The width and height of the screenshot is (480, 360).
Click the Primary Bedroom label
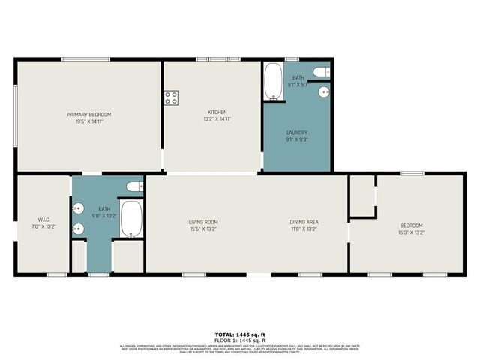pos(89,114)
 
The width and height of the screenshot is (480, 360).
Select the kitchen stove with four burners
pos(171,97)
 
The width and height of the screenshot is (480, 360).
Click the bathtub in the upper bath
pos(272,81)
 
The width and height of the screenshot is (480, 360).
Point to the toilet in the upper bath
pos(320,72)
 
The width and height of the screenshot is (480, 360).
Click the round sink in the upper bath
pos(323,91)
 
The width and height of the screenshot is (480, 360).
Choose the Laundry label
pos(297,134)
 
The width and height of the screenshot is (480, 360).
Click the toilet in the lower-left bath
pos(134,187)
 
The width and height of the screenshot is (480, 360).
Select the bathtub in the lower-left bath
pos(131,218)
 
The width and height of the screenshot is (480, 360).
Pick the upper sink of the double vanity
pos(78,211)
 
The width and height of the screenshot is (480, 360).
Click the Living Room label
pos(202,222)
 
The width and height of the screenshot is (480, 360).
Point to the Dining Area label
pos(304,222)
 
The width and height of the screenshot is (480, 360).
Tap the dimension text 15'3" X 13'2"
pos(411,232)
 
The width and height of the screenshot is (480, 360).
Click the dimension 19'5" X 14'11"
pos(89,121)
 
